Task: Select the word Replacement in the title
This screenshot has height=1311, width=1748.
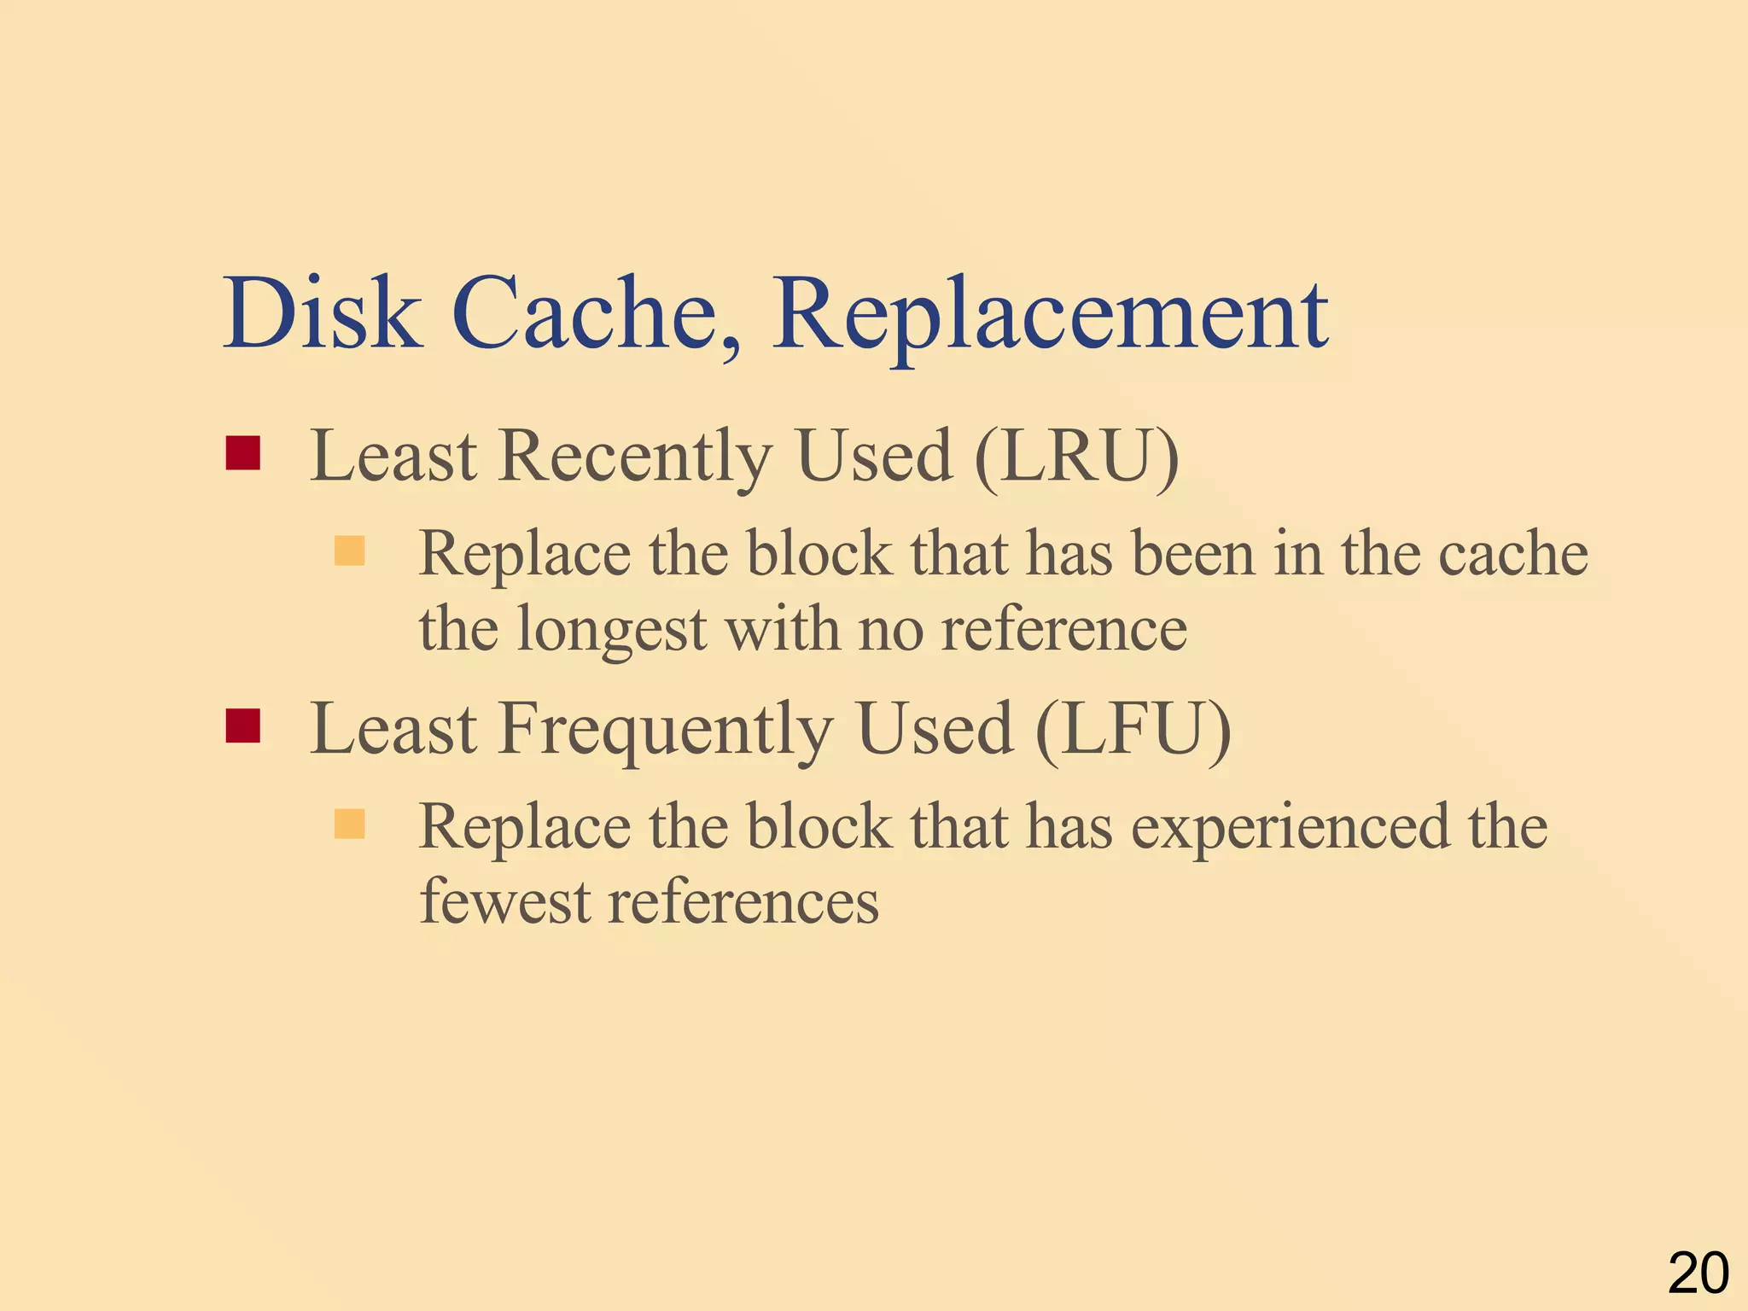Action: point(1050,316)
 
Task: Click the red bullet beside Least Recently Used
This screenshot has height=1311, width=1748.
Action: point(242,453)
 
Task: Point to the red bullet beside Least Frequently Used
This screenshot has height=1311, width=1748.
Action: point(242,725)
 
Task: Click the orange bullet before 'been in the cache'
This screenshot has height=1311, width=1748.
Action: point(349,551)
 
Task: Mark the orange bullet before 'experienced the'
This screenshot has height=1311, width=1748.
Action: point(349,824)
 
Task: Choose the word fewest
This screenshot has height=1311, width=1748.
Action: point(504,901)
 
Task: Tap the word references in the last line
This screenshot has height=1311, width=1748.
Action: point(743,901)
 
